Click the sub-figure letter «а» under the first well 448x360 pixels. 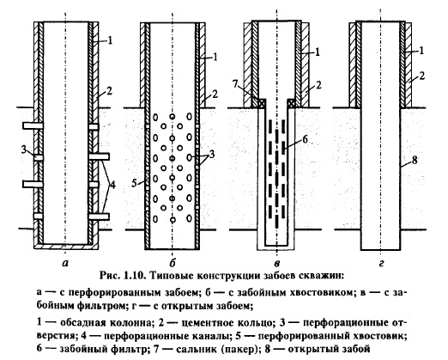(65, 263)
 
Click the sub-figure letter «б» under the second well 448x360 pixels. (173, 262)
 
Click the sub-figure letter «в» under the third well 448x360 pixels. (276, 263)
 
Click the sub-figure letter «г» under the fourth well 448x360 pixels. (381, 263)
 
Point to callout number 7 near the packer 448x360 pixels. (235, 84)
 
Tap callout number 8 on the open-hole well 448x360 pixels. (415, 160)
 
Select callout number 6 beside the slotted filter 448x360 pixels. (305, 139)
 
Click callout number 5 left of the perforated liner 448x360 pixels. (135, 183)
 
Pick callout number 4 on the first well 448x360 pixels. (112, 185)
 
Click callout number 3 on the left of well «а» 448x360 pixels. (24, 149)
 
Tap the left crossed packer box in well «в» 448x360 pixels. (262, 103)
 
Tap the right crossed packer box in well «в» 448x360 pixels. (291, 103)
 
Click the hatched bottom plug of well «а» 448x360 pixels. (66, 247)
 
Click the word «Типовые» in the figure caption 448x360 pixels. (168, 276)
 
